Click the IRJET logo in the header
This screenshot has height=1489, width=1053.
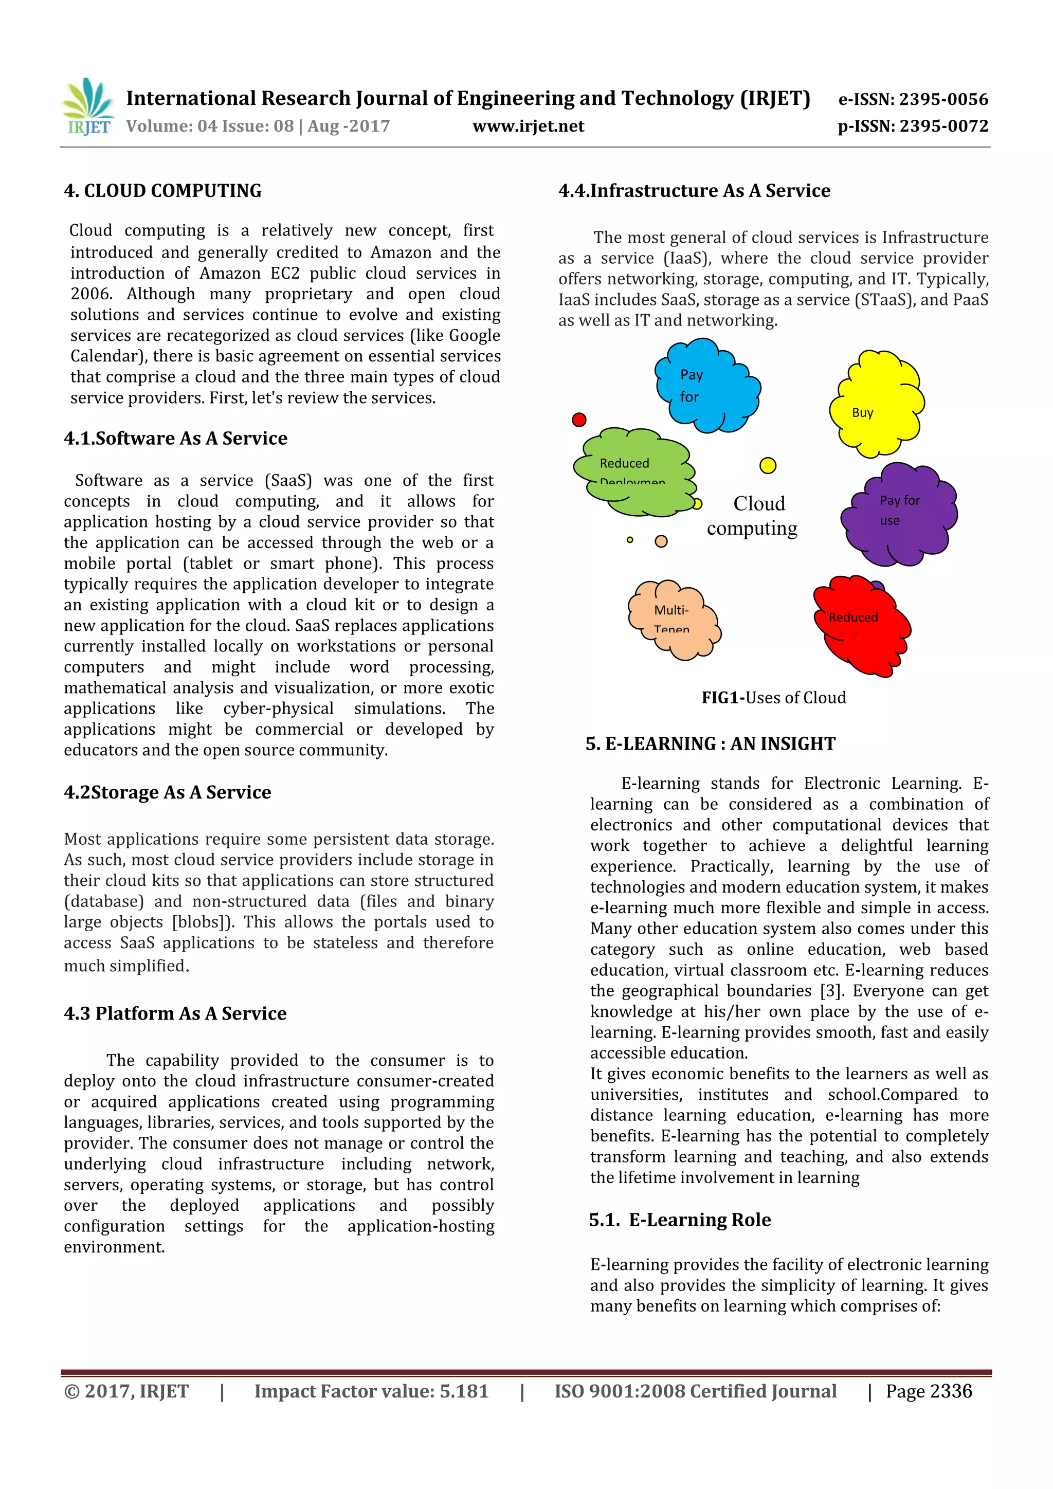88,107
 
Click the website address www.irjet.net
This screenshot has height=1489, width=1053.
528,126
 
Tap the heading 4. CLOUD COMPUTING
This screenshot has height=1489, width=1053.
163,191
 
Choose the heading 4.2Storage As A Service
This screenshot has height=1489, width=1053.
167,792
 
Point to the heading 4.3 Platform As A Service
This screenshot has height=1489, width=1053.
175,1013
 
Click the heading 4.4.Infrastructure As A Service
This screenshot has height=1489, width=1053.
694,191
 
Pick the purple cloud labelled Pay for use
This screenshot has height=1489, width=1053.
900,514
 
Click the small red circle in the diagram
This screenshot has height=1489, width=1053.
579,420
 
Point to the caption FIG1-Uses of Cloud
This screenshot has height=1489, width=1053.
773,698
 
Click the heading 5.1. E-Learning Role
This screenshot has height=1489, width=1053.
680,1220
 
